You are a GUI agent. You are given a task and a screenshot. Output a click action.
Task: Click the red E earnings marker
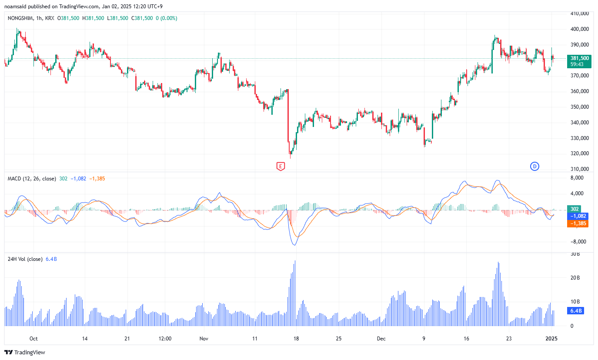pos(281,166)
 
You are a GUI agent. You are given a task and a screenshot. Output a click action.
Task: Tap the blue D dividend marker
pos(535,166)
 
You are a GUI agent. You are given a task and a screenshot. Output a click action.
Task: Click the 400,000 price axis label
pos(579,29)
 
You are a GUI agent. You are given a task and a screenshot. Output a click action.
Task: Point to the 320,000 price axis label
pos(579,153)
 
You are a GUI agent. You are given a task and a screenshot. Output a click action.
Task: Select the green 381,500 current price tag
pos(579,58)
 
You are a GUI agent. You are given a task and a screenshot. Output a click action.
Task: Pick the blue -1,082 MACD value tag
pos(578,216)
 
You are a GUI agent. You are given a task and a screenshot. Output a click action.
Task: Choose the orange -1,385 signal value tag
pos(578,223)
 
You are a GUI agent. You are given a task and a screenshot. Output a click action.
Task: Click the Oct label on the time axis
pos(33,338)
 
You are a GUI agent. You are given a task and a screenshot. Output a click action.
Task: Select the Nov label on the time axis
pos(203,338)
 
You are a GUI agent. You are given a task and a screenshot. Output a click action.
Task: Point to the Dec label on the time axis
pos(381,338)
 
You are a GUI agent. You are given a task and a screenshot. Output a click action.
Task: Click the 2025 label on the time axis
pos(551,338)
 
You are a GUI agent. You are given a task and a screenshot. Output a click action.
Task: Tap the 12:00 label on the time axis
pos(165,338)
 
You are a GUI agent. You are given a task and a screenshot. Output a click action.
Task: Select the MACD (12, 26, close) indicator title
pos(31,179)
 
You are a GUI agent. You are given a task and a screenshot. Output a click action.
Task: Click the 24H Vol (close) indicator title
pos(25,259)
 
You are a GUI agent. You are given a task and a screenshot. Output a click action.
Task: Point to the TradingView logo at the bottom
pos(25,352)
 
